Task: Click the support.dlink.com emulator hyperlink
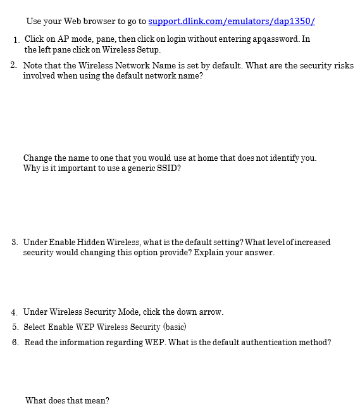pyautogui.click(x=232, y=22)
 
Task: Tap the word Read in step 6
pyautogui.click(x=34, y=343)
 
